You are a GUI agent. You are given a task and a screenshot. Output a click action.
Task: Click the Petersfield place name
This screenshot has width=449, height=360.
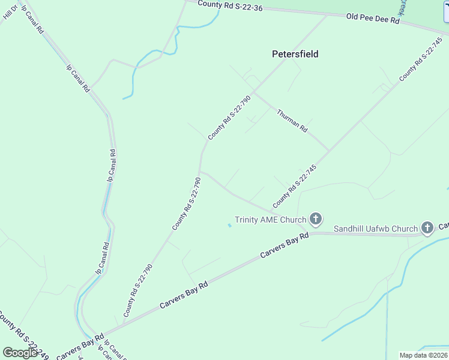pos(295,54)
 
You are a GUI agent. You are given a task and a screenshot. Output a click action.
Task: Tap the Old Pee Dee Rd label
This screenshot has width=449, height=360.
pos(373,19)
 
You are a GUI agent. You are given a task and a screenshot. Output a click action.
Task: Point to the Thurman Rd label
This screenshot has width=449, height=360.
pos(292,120)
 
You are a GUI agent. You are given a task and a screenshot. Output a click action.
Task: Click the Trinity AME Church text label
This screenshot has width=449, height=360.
pos(270,220)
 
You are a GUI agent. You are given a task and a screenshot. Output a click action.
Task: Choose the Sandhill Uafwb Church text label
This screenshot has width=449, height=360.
pos(375,229)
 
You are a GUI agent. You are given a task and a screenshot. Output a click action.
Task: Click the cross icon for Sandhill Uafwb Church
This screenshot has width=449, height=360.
pos(427,227)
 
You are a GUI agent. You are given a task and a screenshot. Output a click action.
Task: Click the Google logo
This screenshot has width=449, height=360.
pos(20,353)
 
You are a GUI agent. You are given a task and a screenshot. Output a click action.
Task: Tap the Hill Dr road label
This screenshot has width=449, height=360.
pos(10,11)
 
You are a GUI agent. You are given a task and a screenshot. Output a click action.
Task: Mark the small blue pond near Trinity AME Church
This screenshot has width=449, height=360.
pos(229,226)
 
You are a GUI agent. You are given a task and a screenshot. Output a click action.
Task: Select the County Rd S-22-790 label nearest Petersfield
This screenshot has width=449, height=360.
pos(229,117)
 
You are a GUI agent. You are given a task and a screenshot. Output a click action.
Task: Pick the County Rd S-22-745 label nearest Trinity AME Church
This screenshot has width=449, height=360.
pos(294,186)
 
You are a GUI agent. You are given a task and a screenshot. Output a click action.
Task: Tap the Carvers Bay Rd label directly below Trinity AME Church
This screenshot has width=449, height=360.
pos(285,246)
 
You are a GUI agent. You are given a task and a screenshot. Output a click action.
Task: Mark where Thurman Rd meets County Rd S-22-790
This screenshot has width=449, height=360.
pos(254,92)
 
